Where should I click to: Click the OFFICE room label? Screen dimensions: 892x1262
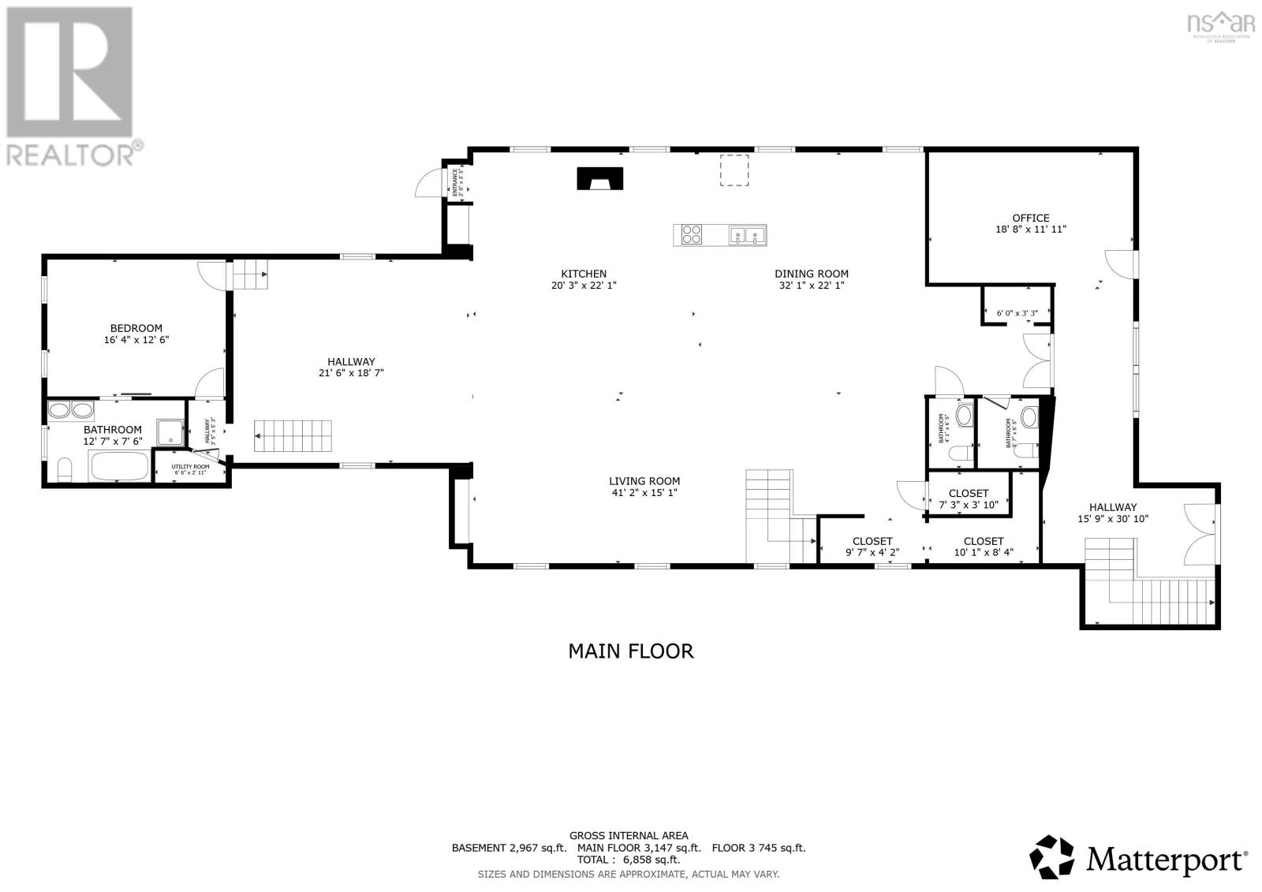tap(1030, 218)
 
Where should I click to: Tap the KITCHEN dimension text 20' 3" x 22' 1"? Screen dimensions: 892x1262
tap(584, 286)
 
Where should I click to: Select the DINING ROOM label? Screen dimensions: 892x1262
tap(811, 274)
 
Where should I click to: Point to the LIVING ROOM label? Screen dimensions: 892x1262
tap(644, 481)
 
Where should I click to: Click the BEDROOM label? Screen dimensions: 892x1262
tap(136, 328)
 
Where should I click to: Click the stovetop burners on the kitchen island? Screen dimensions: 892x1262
tap(692, 234)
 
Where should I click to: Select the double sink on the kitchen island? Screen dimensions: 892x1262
tap(746, 234)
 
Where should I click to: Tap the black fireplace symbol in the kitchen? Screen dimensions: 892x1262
tap(600, 179)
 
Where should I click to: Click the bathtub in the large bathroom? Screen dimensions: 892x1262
tap(119, 466)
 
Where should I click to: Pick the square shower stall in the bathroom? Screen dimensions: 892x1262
tap(170, 432)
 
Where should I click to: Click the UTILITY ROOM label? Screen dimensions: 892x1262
tap(191, 467)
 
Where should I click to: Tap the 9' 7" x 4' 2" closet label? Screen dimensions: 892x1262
tap(872, 553)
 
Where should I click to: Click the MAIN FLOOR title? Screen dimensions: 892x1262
tap(630, 651)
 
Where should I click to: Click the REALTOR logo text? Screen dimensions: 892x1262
tap(71, 154)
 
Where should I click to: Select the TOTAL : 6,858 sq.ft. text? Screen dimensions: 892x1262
tap(628, 860)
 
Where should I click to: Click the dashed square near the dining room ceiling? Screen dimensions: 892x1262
tap(734, 170)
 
